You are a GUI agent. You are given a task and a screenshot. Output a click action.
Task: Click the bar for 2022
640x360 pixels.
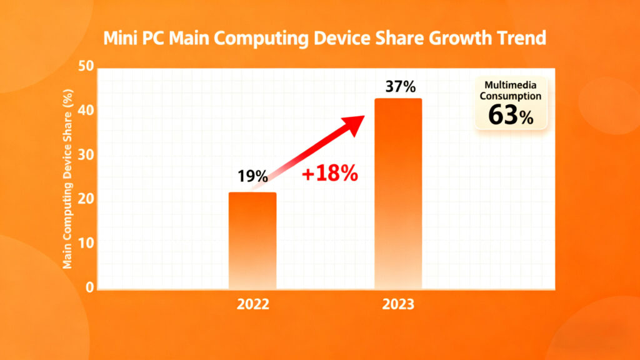tap(252, 241)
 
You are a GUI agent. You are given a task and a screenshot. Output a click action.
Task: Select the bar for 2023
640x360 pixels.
tap(398, 194)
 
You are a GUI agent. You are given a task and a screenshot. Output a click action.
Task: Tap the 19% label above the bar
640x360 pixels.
tap(252, 176)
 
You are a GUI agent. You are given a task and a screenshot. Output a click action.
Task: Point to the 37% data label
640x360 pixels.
tap(400, 87)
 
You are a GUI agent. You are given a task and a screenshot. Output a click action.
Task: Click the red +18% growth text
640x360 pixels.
tap(329, 174)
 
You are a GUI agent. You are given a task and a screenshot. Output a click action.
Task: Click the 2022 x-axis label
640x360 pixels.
tap(252, 306)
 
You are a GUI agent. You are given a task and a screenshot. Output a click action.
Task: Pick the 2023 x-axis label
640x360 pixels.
tap(398, 306)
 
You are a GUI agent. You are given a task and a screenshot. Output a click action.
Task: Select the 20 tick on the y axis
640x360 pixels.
tap(85, 199)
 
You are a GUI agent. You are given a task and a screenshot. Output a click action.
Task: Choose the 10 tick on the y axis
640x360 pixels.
tap(85, 243)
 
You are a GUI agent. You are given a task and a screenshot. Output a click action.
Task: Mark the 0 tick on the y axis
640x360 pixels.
tap(89, 287)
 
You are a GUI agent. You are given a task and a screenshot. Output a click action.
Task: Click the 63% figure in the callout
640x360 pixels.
tap(511, 115)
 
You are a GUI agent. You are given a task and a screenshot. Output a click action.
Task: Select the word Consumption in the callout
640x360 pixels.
tap(511, 97)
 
